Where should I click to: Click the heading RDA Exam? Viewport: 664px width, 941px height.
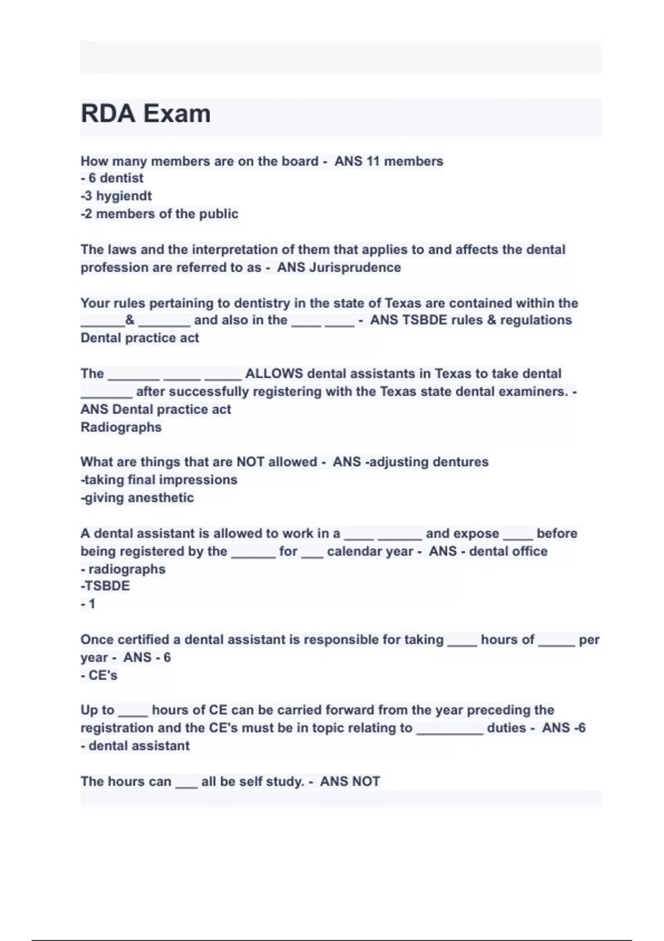tap(146, 114)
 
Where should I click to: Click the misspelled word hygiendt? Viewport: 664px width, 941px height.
tap(124, 196)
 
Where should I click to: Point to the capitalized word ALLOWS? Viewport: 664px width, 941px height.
tap(274, 374)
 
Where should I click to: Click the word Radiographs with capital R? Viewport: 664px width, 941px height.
tap(121, 427)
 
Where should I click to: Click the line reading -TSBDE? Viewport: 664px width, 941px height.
tap(105, 586)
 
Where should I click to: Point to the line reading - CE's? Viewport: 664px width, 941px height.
tap(99, 675)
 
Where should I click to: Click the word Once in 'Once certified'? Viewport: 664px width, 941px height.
tap(97, 640)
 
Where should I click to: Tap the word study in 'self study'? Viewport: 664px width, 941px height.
tap(284, 782)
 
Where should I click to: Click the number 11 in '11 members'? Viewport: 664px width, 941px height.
tap(373, 161)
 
